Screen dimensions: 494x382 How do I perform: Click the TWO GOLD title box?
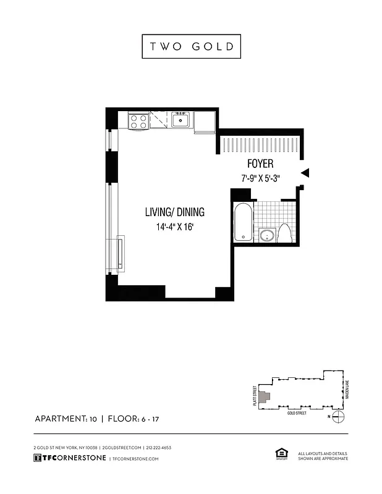(191, 46)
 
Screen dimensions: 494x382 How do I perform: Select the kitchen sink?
(180, 120)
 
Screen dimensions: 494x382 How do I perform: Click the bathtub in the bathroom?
(243, 222)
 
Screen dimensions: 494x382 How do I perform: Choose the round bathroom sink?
(267, 235)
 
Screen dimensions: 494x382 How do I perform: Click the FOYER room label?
(260, 164)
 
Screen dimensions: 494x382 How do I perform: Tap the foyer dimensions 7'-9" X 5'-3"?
(260, 178)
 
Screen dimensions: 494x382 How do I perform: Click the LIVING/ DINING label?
(174, 212)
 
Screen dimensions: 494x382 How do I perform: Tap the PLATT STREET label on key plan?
(254, 395)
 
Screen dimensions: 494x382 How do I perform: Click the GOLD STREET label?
(297, 413)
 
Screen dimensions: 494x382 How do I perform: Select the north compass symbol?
(337, 417)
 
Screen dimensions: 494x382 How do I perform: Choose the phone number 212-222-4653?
(159, 447)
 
